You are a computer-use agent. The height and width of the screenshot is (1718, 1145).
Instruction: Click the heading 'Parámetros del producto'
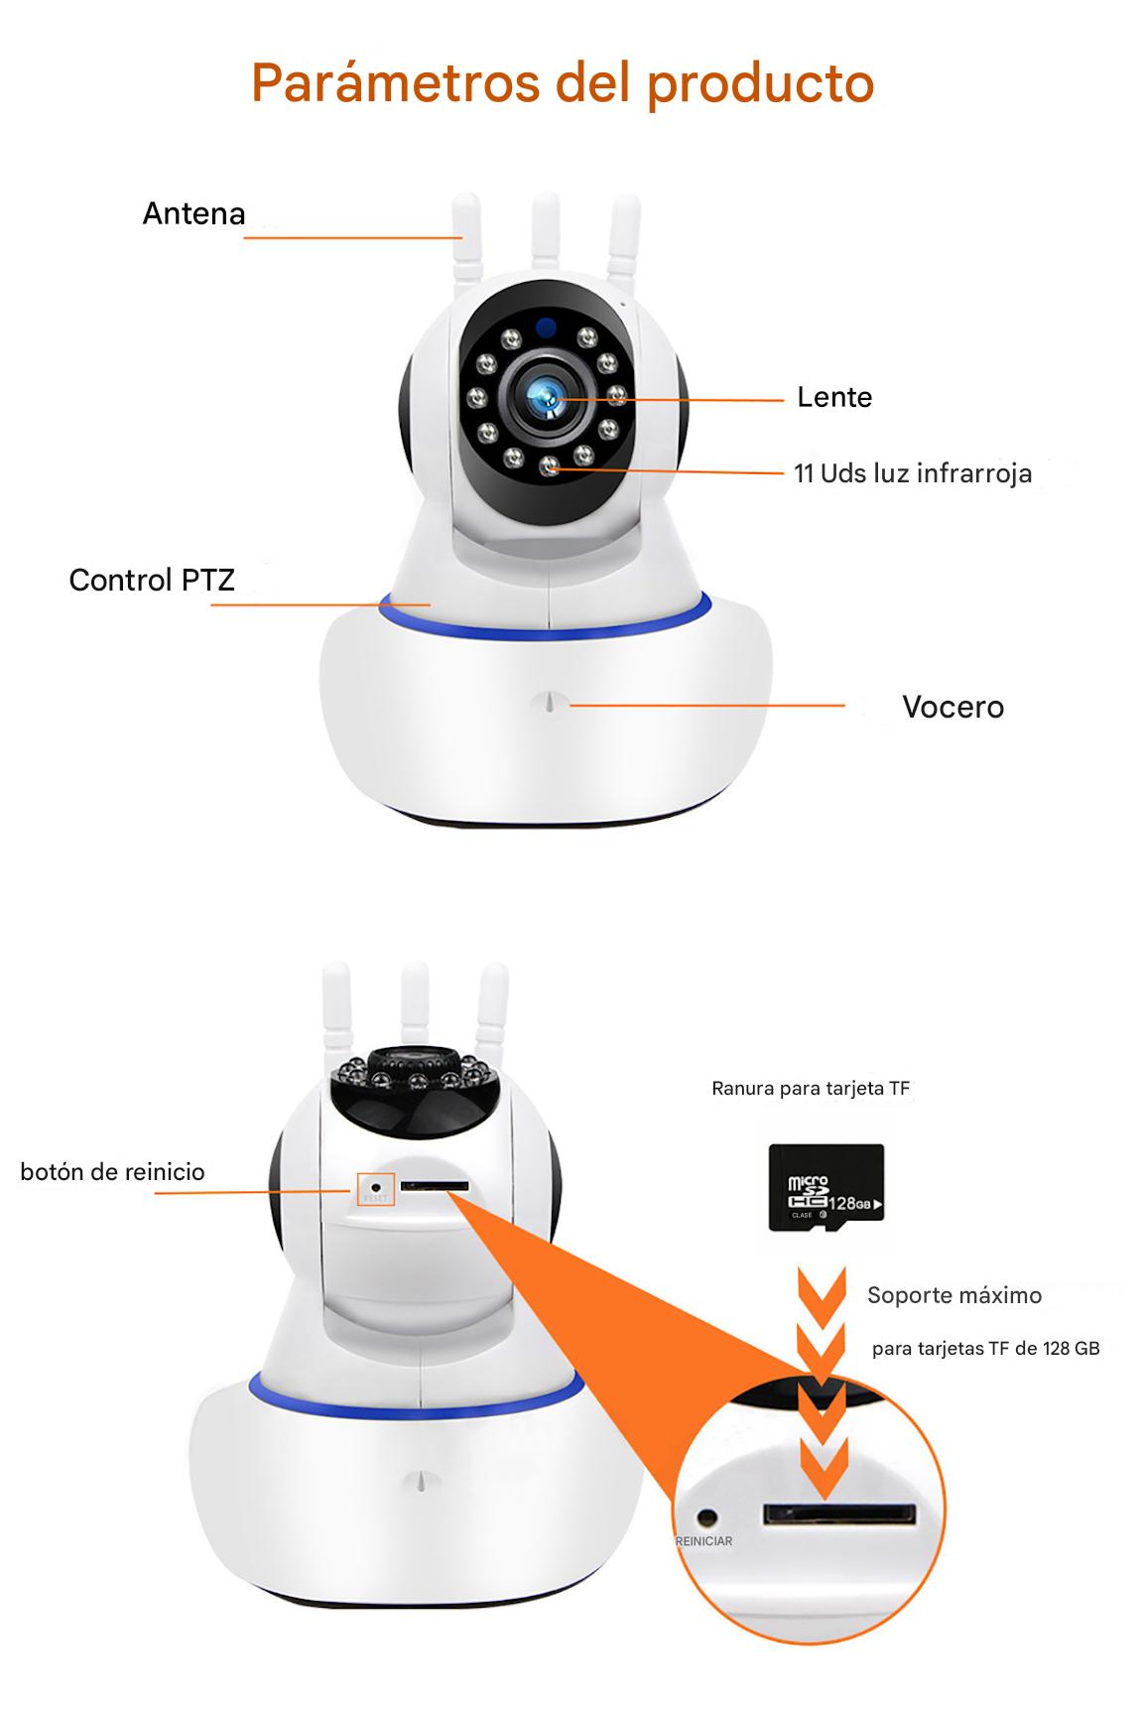pos(563,83)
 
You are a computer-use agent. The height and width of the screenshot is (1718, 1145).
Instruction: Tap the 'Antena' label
pos(193,213)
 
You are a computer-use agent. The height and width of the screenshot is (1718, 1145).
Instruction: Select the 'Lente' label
pos(834,397)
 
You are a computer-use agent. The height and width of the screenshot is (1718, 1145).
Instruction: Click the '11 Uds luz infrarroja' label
pos(913,473)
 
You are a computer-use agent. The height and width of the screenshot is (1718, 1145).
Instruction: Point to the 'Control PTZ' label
pos(152,580)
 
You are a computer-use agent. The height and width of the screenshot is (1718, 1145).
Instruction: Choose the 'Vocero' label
pos(953,707)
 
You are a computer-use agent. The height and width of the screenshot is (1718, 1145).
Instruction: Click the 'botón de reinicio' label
pos(112,1171)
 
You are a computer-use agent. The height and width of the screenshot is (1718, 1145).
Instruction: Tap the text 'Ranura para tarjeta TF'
pos(811,1088)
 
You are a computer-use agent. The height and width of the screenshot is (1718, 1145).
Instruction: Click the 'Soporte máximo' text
pos(954,1295)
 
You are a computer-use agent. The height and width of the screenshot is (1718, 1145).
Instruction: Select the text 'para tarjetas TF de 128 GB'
pos(986,1349)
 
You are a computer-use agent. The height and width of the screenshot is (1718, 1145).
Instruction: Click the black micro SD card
pos(827,1188)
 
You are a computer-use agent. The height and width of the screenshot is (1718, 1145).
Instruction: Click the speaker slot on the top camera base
pos(550,702)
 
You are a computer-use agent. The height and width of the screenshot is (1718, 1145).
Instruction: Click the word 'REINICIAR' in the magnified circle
pos(703,1541)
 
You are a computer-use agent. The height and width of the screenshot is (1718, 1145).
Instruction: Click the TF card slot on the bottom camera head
pos(434,1185)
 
